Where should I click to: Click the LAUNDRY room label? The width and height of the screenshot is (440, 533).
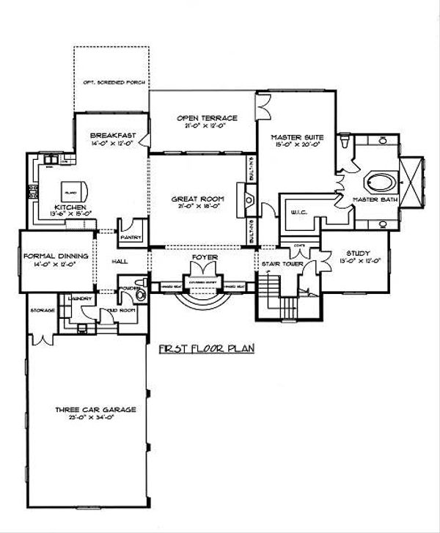(77, 298)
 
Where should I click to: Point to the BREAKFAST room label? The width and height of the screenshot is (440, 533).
(109, 136)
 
